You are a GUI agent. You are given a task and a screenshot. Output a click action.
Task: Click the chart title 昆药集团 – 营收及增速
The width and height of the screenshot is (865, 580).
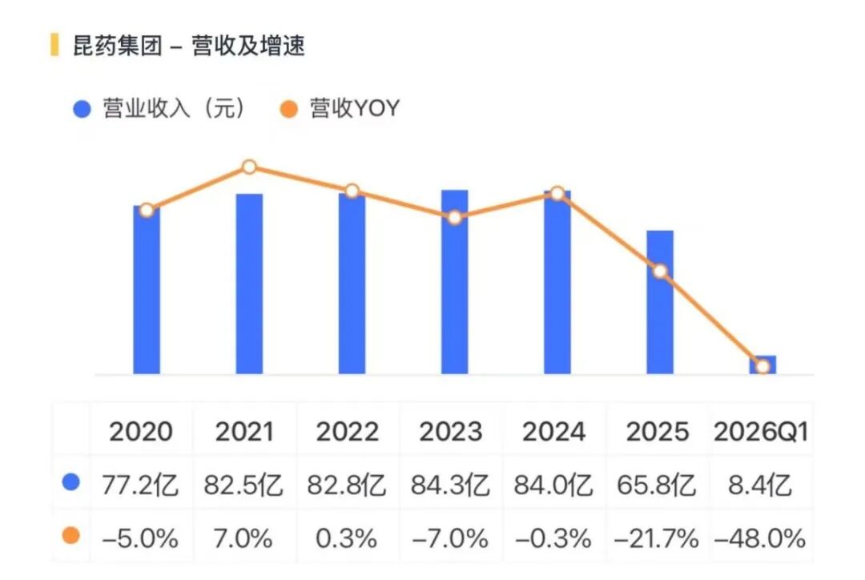[189, 45]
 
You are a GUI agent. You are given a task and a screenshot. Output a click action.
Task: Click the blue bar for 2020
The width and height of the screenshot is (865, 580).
[147, 290]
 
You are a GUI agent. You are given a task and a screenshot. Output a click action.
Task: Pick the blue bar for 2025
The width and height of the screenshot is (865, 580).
[660, 302]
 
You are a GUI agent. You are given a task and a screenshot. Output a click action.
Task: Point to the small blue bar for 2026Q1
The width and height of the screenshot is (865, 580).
[762, 365]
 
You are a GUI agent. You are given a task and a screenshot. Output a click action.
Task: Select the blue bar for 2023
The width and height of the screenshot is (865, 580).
[455, 282]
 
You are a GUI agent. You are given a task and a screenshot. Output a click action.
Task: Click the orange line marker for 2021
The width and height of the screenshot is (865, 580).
[249, 167]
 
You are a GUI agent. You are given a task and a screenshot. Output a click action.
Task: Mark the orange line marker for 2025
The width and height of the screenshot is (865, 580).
[660, 271]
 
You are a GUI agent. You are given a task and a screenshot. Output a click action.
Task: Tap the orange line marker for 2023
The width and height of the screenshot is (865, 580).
[455, 217]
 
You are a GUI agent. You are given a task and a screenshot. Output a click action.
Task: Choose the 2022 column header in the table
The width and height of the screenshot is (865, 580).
[348, 432]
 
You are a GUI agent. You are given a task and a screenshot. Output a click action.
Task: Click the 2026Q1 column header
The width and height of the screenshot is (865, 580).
[761, 432]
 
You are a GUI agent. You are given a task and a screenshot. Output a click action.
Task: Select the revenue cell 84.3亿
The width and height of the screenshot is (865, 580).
[450, 485]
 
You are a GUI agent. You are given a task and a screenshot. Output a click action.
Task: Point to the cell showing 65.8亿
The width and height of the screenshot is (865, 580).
[657, 485]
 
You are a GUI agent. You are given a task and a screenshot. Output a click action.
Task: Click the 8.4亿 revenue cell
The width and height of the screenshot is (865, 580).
[760, 485]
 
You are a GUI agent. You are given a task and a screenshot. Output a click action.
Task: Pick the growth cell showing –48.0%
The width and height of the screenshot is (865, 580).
[760, 538]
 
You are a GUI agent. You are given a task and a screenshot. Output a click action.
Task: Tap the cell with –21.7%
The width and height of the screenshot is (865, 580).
[657, 538]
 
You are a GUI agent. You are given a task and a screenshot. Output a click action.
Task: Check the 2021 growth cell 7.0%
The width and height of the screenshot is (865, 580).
[243, 538]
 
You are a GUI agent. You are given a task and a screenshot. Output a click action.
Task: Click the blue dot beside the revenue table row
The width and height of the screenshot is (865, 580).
[71, 482]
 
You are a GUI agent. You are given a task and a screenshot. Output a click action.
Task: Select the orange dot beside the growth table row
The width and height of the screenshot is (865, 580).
[71, 535]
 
